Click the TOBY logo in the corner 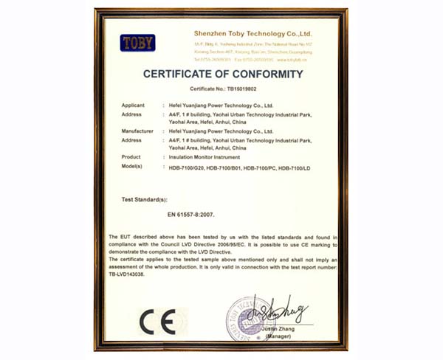pyautogui.click(x=139, y=43)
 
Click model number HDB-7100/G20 pyautogui.click(x=185, y=169)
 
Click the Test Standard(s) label pyautogui.click(x=144, y=200)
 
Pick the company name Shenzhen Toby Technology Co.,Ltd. pyautogui.click(x=253, y=34)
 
